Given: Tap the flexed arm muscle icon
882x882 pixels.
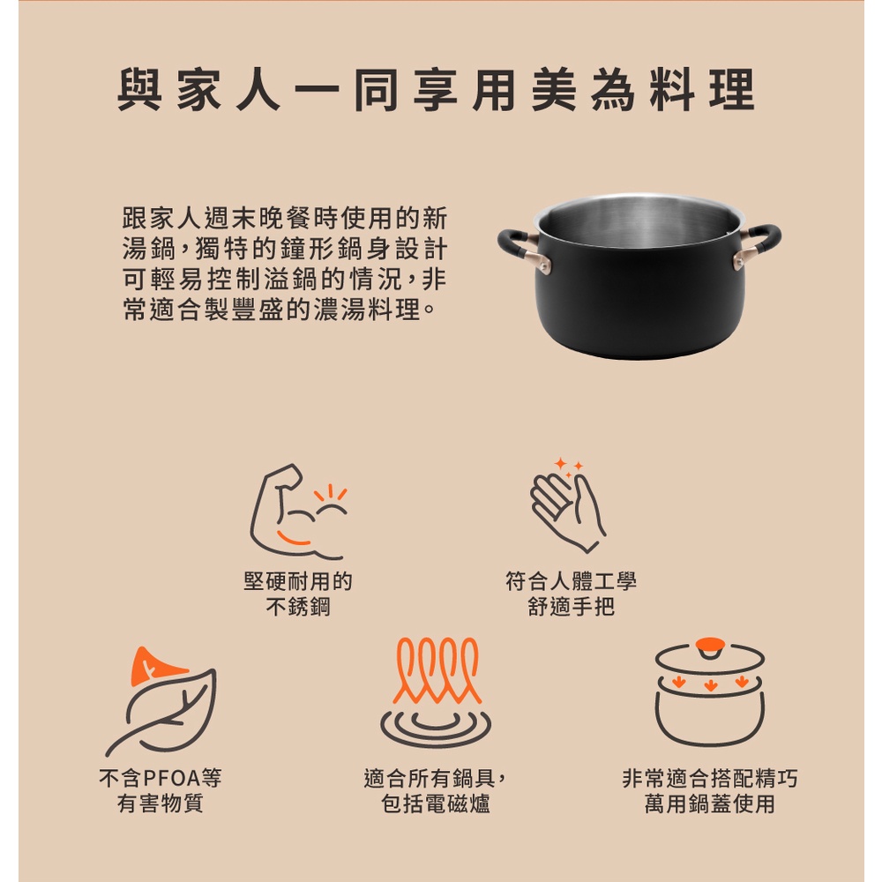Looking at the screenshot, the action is (298, 512).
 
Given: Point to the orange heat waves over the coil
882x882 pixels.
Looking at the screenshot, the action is (437, 670).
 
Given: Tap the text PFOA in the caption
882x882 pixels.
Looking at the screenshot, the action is (172, 778).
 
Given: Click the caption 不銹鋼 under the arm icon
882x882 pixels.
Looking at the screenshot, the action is (298, 607).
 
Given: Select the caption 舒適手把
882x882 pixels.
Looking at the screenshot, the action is (571, 607).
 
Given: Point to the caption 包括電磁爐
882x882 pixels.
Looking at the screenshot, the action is (436, 804).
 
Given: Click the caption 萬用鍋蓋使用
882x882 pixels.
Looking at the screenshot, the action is (710, 804).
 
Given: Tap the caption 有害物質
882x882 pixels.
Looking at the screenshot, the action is (161, 804).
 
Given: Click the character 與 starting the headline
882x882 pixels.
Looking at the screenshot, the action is (139, 90).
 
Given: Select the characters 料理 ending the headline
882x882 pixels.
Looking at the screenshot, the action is (702, 90).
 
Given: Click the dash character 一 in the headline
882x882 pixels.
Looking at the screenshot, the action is (318, 89).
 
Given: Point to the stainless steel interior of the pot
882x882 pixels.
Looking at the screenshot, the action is (639, 220).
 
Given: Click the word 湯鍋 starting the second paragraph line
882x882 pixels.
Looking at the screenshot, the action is (149, 248).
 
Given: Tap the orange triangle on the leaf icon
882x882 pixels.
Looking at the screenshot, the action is (156, 666).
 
